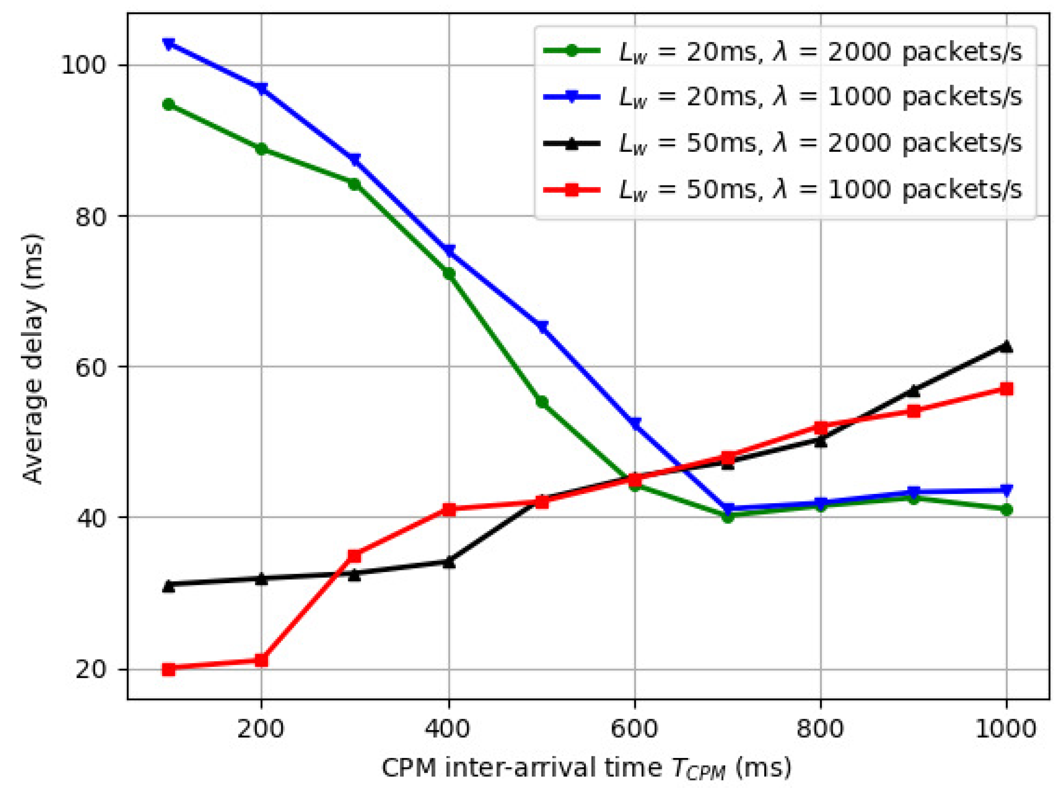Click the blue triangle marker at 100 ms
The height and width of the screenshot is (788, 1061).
point(169,44)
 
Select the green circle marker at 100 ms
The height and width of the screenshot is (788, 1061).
point(169,104)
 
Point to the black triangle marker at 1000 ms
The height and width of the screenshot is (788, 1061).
point(1006,347)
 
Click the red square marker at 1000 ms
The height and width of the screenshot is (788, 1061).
point(1006,389)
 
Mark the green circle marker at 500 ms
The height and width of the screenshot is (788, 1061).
point(542,402)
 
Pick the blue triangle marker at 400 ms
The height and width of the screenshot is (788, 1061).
point(449,251)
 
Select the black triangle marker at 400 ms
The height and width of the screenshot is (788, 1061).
point(449,562)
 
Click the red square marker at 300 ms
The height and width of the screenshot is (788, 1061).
point(354,556)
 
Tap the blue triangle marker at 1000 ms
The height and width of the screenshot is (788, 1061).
point(1006,490)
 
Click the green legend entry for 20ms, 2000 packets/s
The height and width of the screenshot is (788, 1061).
point(782,52)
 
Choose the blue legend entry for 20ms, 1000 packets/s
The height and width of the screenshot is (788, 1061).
point(782,97)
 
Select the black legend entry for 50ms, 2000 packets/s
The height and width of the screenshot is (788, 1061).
point(782,143)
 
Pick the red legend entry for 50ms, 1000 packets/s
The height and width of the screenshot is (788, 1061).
point(782,189)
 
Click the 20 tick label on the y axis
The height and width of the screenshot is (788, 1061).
point(91,670)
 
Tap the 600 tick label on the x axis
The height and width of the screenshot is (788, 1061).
point(635,730)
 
